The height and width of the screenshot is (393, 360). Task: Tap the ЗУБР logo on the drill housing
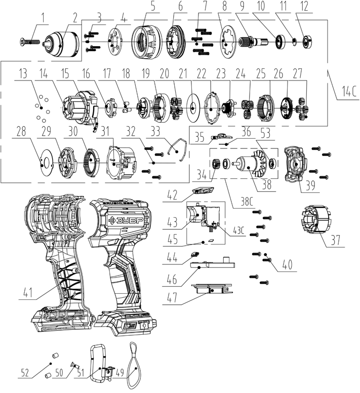(126, 221)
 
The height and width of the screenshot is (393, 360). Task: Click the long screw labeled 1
(29, 42)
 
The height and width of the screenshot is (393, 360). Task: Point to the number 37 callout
(336, 240)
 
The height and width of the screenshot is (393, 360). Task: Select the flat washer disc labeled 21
(193, 108)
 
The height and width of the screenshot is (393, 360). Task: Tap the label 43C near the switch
(238, 230)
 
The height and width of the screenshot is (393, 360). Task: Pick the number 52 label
(25, 373)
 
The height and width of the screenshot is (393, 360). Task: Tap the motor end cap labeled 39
(296, 165)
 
